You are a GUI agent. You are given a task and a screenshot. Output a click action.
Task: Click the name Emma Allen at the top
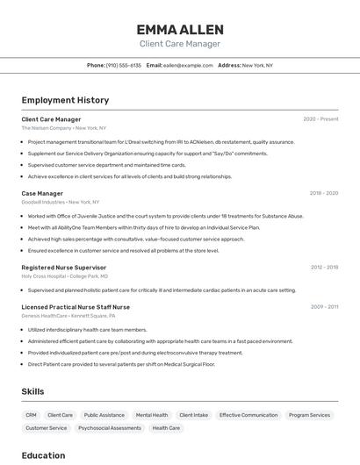pos(179,28)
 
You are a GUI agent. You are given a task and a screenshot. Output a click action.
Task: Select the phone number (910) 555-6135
pos(124,65)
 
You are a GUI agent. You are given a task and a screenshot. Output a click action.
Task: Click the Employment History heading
pos(65,100)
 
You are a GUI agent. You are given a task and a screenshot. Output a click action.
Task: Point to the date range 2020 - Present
pos(320,119)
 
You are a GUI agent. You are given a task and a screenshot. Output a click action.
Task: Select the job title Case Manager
pos(42,193)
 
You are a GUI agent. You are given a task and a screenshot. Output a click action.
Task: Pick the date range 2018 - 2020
pos(323,193)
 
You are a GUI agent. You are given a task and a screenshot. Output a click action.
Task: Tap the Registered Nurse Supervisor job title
pos(64,267)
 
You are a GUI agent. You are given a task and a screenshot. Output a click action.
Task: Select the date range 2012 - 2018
pos(324,267)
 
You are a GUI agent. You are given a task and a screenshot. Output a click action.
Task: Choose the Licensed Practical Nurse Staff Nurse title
pos(76,307)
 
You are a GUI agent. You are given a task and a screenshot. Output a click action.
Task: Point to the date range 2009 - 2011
pos(324,307)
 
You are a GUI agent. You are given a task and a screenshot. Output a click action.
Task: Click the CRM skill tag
pos(32,415)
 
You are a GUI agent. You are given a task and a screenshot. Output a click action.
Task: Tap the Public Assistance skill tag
pos(104,415)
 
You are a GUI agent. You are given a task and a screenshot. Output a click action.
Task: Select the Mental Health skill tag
pos(152,415)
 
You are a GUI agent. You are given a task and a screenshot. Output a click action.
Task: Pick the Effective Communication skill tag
pos(248,415)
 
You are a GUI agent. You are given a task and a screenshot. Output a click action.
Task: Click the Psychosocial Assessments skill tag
pos(110,428)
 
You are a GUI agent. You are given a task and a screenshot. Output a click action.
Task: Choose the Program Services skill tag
pos(309,415)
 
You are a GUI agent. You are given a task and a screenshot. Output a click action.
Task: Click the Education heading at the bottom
pos(43,455)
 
